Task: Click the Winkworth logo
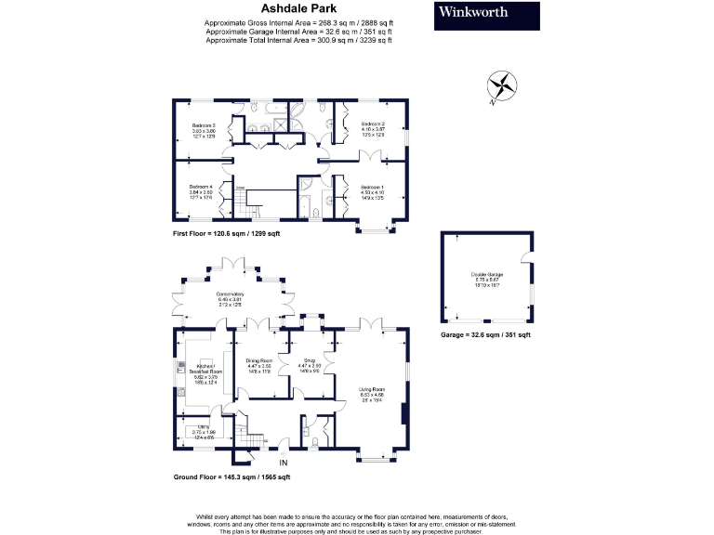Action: point(487,15)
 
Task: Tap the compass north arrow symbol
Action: point(504,85)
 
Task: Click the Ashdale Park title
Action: point(298,7)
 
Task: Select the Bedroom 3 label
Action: point(204,129)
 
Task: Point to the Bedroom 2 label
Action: point(373,128)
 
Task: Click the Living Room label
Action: point(372,394)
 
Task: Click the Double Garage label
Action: point(485,278)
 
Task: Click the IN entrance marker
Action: point(284,462)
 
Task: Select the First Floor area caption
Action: point(226,234)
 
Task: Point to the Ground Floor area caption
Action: point(231,477)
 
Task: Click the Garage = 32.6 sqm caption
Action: point(484,334)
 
